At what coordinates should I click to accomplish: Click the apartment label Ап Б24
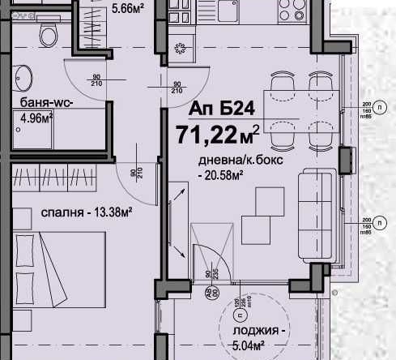(215, 109)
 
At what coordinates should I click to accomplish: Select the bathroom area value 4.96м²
(35, 118)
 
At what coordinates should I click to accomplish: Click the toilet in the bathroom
(48, 34)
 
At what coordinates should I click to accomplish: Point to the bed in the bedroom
(57, 272)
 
